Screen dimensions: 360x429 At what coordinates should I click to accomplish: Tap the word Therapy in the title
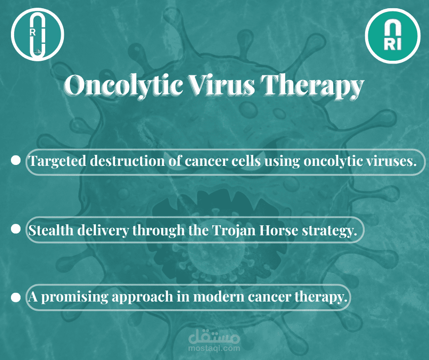click(313, 86)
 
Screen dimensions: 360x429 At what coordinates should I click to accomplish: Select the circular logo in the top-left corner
click(37, 35)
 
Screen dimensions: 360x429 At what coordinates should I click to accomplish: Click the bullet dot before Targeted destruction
click(16, 161)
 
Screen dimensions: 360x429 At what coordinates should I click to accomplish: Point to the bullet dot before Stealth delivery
click(16, 229)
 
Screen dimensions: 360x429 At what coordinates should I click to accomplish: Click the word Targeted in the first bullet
click(57, 161)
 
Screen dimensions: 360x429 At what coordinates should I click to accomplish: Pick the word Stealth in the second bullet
click(51, 230)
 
